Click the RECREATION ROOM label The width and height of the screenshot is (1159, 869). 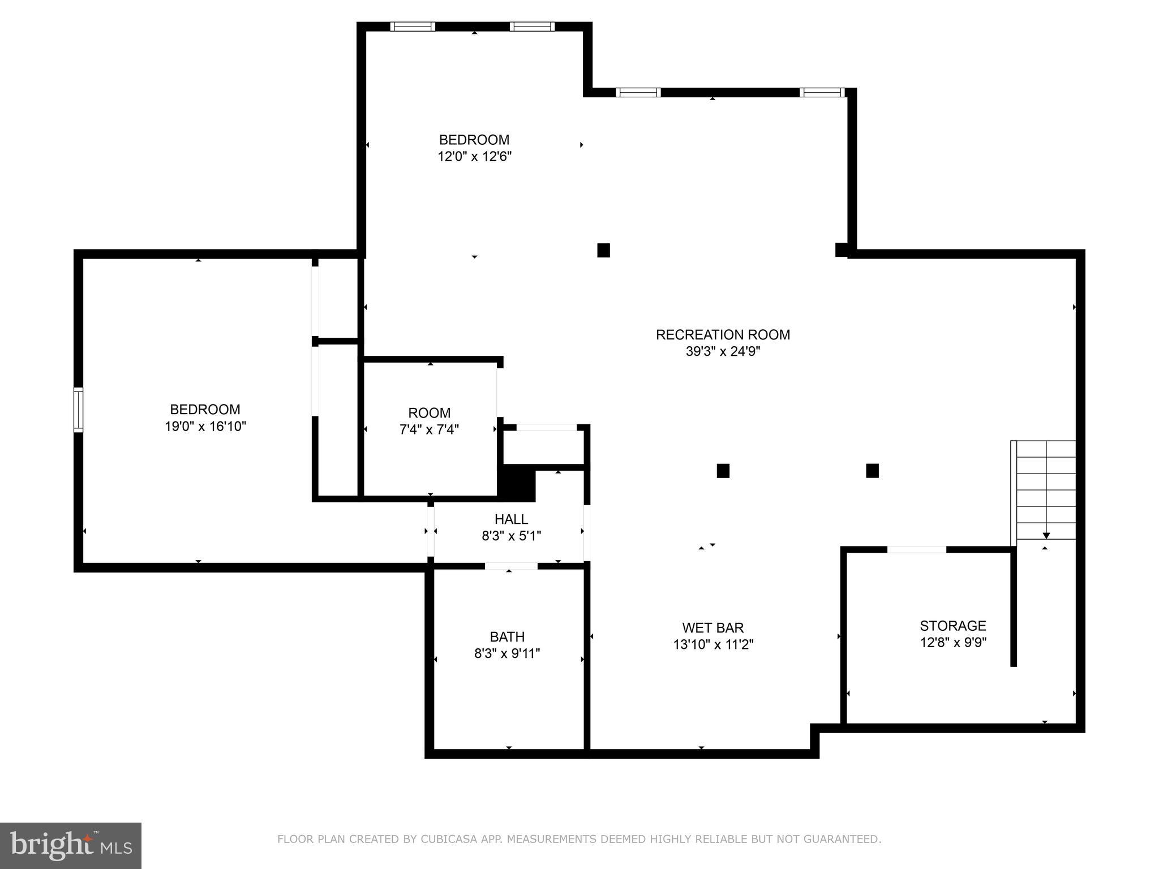[x=723, y=334]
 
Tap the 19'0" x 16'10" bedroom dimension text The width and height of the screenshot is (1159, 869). [x=205, y=426]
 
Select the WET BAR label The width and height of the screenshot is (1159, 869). [x=712, y=627]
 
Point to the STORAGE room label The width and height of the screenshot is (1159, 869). [x=952, y=626]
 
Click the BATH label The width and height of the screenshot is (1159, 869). [x=507, y=636]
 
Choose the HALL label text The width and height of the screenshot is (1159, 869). [x=511, y=519]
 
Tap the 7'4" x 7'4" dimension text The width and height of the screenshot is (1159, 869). [x=429, y=429]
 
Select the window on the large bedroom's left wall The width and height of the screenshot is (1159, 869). [x=78, y=410]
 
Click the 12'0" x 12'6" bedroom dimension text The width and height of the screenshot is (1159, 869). [x=474, y=156]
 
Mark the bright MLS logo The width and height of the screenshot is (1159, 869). [x=71, y=845]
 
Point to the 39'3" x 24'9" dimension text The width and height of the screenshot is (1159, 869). [x=723, y=351]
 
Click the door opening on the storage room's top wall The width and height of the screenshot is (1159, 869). [x=916, y=549]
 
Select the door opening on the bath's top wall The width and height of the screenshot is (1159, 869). [x=511, y=566]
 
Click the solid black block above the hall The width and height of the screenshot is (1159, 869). [x=517, y=483]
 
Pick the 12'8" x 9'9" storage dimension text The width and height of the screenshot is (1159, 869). [x=953, y=643]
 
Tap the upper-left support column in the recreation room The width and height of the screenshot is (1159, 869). [x=603, y=250]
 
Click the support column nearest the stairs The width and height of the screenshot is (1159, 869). [x=872, y=471]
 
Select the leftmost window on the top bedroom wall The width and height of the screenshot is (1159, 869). [x=413, y=27]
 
